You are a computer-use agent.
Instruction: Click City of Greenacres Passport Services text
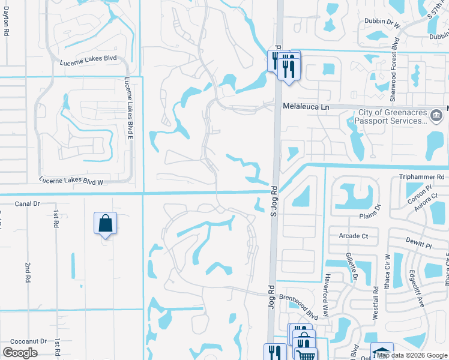point(393,117)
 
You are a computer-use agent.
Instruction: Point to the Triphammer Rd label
point(421,177)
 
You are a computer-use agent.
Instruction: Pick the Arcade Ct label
point(354,236)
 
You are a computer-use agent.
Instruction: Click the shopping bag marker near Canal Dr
point(105,224)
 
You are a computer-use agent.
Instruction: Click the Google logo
point(20,353)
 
